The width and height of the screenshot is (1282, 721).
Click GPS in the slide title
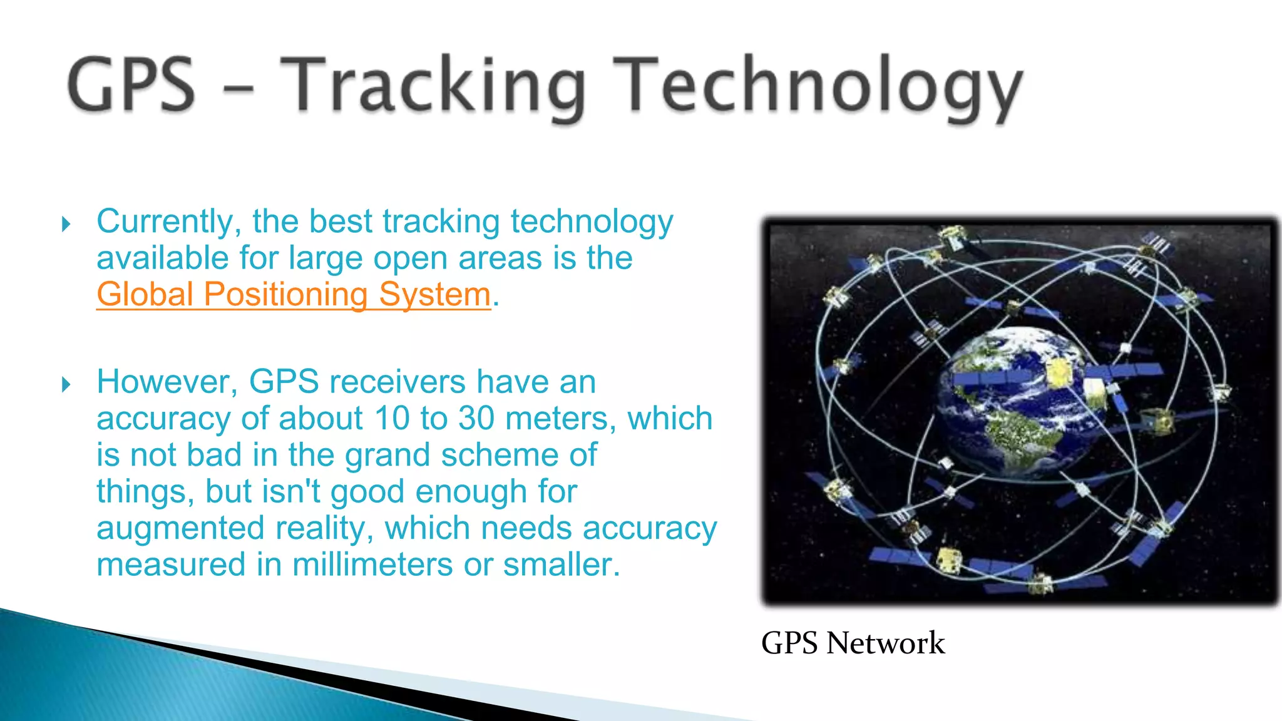[x=131, y=84]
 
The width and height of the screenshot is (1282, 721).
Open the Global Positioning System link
[x=293, y=294]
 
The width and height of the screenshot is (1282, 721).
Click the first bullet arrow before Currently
[x=66, y=224]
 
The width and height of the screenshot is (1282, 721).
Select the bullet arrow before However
[x=66, y=384]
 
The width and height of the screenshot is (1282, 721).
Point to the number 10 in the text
[x=392, y=418]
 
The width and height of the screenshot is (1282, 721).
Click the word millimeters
[x=372, y=565]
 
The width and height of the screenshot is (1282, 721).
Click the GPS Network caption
[x=853, y=643]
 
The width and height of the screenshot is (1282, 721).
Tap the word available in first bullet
[x=162, y=258]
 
